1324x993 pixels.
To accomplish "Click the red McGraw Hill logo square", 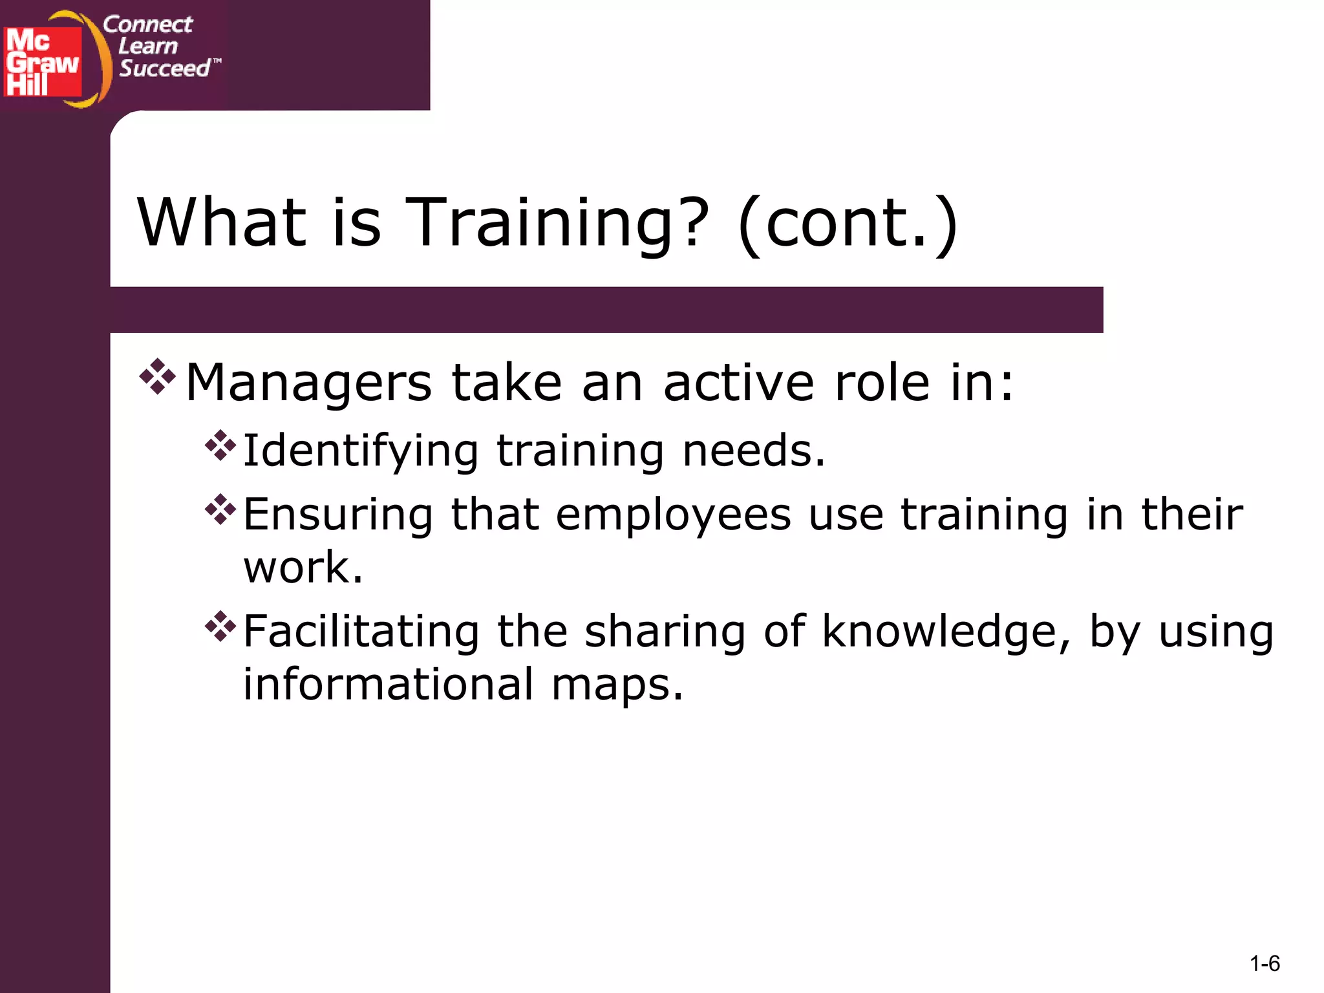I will coord(43,62).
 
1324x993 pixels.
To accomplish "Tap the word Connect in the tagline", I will coord(147,25).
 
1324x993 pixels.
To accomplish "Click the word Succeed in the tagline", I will coord(165,68).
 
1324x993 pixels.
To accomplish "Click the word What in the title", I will coord(222,223).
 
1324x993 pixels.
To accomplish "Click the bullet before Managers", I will coord(158,377).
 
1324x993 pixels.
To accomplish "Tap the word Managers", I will coord(308,383).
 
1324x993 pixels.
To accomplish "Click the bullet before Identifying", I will coord(220,446).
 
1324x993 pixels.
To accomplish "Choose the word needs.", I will coord(754,451).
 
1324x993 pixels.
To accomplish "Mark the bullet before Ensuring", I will coord(220,509).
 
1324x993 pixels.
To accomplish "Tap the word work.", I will coord(303,568).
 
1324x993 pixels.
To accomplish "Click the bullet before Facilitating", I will coord(220,626).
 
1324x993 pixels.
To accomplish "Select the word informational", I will coord(388,685).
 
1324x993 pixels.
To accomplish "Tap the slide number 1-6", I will coord(1265,964).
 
